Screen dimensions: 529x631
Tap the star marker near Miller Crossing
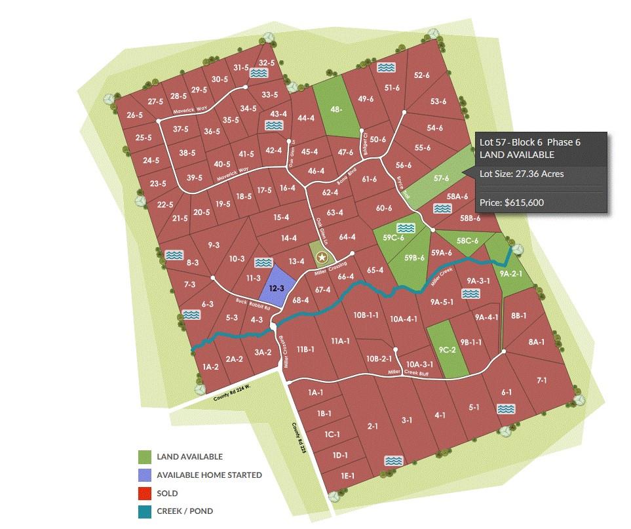coord(321,258)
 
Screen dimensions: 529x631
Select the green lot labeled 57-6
coord(441,178)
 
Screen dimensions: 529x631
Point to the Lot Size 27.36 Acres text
coord(522,174)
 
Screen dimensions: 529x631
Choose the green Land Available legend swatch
coord(145,457)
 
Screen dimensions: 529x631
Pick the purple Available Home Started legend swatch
coord(145,475)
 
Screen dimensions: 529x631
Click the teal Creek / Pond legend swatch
coord(145,511)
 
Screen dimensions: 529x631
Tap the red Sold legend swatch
coord(145,493)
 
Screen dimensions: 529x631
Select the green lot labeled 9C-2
coord(448,349)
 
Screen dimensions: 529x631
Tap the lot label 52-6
coord(422,75)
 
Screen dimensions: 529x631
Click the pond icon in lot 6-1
coord(505,409)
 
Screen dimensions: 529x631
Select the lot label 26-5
coord(135,115)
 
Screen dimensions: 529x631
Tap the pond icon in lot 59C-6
coord(406,227)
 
